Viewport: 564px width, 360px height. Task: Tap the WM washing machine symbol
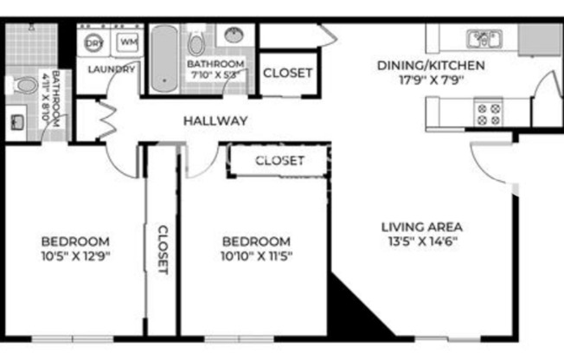click(x=128, y=42)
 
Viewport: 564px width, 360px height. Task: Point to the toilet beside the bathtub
click(x=196, y=43)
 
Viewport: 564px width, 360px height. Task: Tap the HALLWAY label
click(x=215, y=120)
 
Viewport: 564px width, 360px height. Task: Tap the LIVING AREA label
click(x=420, y=228)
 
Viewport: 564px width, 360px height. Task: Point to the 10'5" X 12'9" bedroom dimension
click(x=76, y=255)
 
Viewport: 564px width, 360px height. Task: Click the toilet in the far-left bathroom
click(x=20, y=85)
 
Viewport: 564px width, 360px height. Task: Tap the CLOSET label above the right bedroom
click(x=279, y=160)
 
